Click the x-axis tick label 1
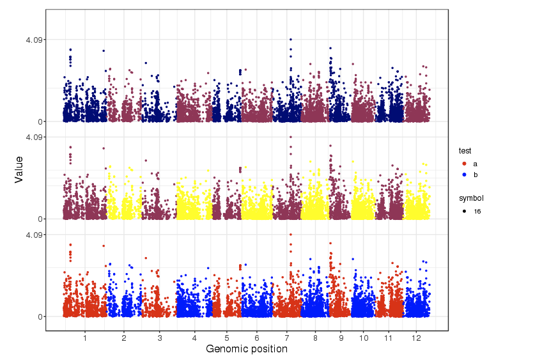coord(85,337)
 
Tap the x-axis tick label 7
coord(287,337)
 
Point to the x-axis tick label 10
coord(363,337)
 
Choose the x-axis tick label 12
coord(417,337)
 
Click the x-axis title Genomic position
coord(246,349)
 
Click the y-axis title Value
coord(19,169)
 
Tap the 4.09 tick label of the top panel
coord(34,40)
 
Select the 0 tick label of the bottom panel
coord(40,317)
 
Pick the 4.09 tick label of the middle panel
coord(34,137)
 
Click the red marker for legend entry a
coord(463,164)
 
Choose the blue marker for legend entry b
coord(463,175)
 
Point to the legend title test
coord(465,151)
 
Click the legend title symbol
coord(471,198)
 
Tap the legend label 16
coord(477,211)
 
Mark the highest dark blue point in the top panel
coord(291,40)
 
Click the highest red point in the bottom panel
coord(291,235)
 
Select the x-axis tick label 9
coord(341,337)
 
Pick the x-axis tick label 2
coord(124,337)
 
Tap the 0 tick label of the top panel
coord(40,121)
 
